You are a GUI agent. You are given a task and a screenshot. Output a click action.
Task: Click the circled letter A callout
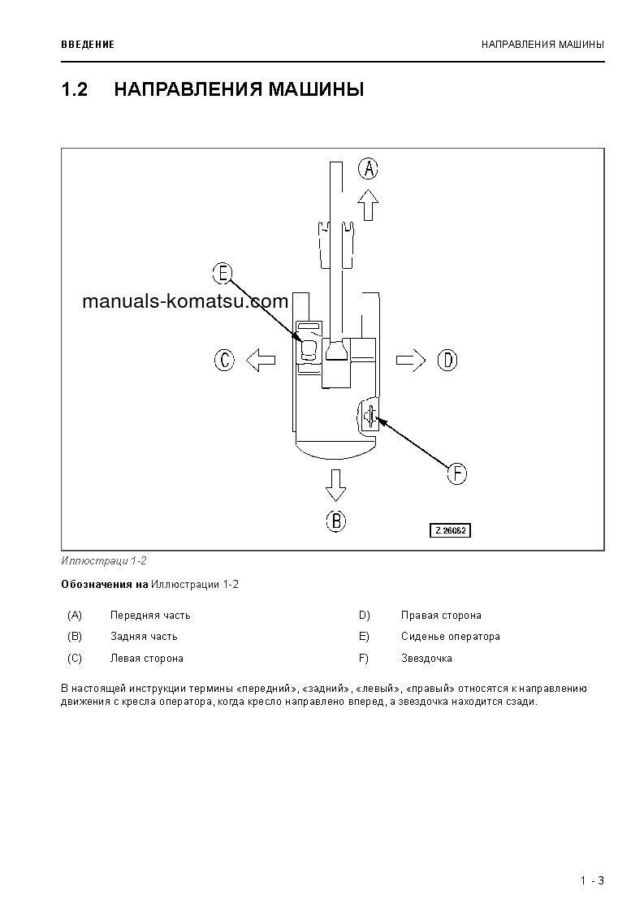click(x=369, y=169)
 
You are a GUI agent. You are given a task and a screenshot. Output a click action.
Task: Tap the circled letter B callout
click(x=336, y=521)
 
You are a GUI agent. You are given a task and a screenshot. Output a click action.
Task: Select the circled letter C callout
click(x=225, y=360)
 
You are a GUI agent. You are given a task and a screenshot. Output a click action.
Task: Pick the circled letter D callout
click(x=447, y=360)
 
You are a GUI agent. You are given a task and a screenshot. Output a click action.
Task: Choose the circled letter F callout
click(x=458, y=473)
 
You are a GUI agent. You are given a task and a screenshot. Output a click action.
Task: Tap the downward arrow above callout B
click(x=335, y=485)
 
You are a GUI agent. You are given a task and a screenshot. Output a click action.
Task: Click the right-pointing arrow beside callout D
click(x=411, y=360)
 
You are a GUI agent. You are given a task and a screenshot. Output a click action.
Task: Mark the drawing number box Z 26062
click(x=451, y=530)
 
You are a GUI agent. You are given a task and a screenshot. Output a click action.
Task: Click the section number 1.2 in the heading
click(x=74, y=89)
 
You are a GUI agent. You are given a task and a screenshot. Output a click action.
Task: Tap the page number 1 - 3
click(x=592, y=880)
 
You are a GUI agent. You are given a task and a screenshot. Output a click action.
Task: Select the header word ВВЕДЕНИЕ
click(x=88, y=44)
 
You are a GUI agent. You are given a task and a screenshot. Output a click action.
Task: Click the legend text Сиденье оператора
click(x=450, y=637)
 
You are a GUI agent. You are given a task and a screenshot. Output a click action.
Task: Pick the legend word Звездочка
click(x=426, y=659)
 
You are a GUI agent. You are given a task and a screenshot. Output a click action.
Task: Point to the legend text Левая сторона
click(x=146, y=659)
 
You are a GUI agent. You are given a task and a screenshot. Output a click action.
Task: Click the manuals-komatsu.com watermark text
click(x=185, y=302)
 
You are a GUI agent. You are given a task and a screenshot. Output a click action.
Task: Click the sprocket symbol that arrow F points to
click(x=370, y=417)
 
